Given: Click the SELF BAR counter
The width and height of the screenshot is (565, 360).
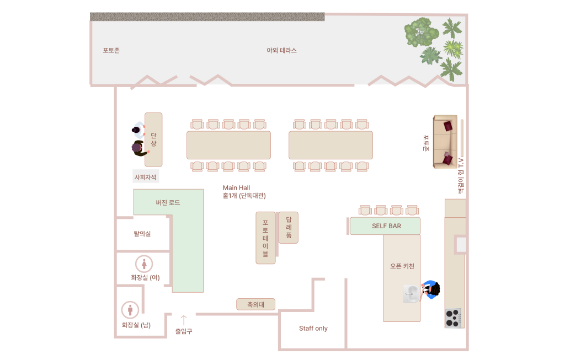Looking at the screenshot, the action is pos(385,226).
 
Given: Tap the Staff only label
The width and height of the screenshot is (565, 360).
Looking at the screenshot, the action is pos(313,329).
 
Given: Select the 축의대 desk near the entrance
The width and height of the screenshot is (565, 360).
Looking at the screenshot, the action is pos(256,304).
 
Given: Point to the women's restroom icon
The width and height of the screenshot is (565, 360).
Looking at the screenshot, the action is pos(144,264).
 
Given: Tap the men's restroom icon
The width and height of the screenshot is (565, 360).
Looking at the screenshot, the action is pos(130,310).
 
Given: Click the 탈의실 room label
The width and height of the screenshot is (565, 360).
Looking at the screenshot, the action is pos(142,234).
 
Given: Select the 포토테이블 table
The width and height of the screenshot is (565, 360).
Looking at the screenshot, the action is pos(265,238).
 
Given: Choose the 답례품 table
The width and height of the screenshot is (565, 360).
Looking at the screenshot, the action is pos(288,228).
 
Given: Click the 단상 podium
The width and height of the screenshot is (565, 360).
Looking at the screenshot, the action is pos(153,139).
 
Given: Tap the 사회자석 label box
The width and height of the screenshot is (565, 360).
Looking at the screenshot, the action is pos(146,176).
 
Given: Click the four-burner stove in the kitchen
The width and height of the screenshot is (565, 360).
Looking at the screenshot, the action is pos(453,318).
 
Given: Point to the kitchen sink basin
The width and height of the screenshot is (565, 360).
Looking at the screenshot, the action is pos(412,294).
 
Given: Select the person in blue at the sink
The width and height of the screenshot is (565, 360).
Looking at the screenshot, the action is pos(431,289).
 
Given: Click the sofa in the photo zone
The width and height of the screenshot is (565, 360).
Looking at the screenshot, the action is pos(445,142).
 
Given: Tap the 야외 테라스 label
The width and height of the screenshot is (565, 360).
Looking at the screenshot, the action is pos(281,50).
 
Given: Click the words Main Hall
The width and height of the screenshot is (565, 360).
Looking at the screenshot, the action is pos(236,187).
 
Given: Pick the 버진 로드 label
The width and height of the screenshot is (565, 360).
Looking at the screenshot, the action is pos(168,202).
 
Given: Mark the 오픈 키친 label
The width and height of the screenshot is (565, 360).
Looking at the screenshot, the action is pos(402,266).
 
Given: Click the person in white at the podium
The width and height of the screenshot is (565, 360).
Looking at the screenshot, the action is pos(138,130).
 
